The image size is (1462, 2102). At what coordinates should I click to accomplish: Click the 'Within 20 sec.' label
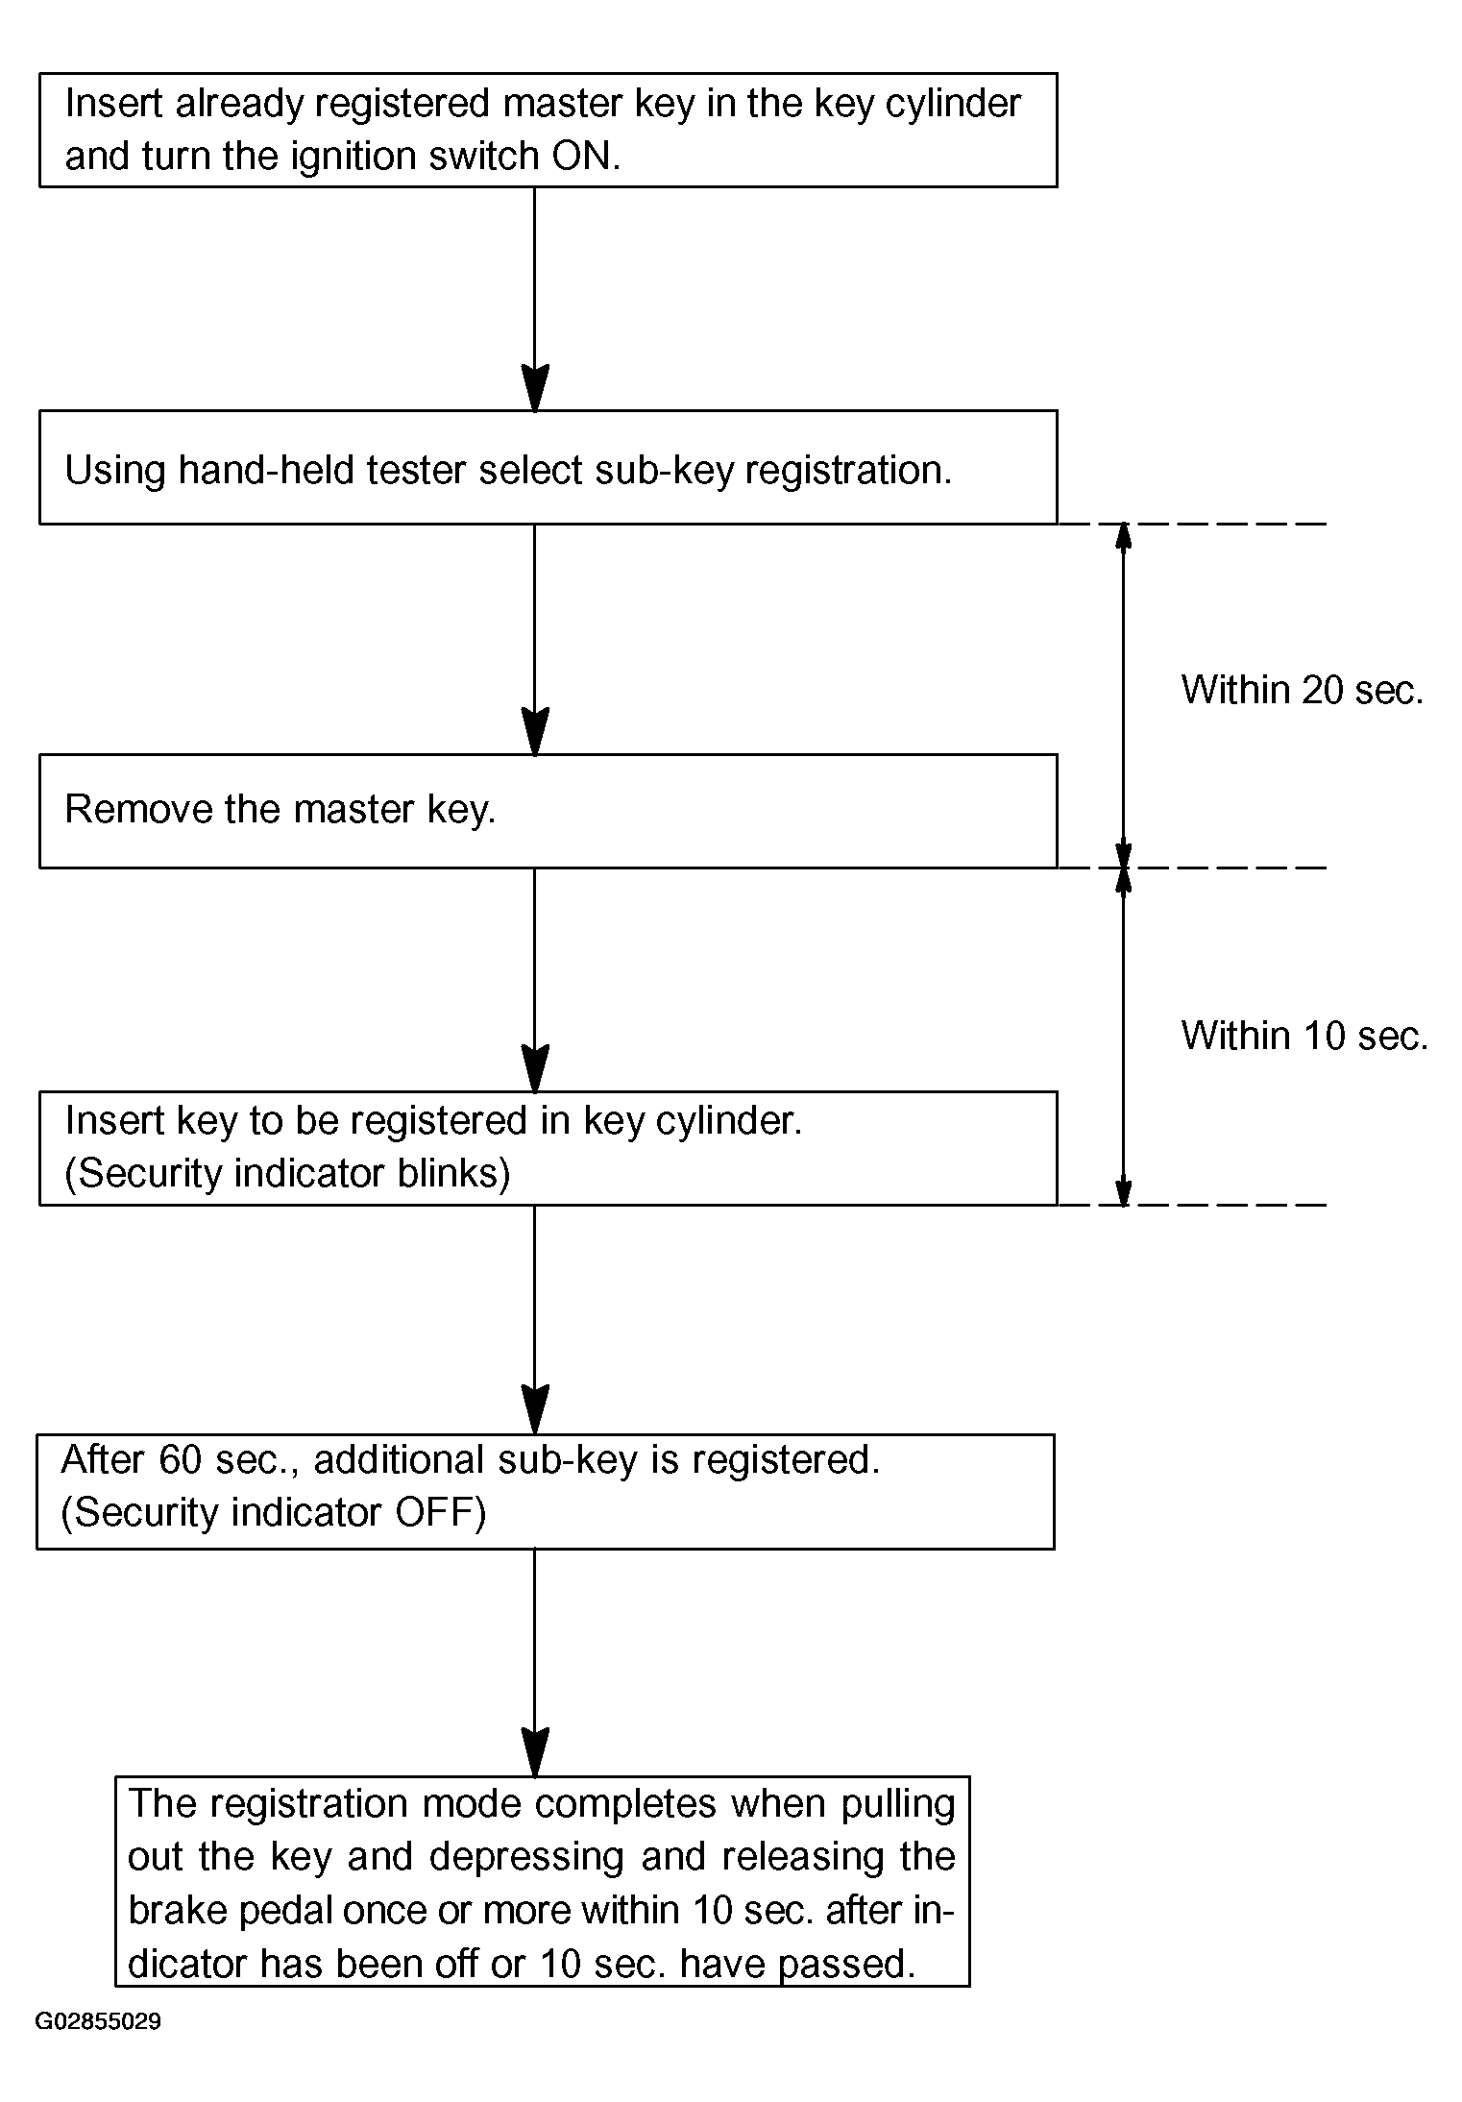(x=1302, y=690)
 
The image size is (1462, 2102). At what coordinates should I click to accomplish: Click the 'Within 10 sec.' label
(x=1304, y=1036)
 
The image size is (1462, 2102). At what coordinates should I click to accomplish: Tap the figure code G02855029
(x=98, y=2021)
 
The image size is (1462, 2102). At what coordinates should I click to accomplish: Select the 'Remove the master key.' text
(x=280, y=810)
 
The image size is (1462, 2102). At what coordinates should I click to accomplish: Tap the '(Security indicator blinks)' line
(x=287, y=1174)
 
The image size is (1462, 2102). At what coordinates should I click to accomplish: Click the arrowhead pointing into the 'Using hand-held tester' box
(x=534, y=388)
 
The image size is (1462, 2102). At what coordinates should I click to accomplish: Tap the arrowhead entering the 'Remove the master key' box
(x=534, y=732)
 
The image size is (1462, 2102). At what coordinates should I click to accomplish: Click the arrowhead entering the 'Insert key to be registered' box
(x=534, y=1068)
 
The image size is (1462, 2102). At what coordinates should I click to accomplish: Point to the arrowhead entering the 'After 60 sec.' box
(x=534, y=1410)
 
